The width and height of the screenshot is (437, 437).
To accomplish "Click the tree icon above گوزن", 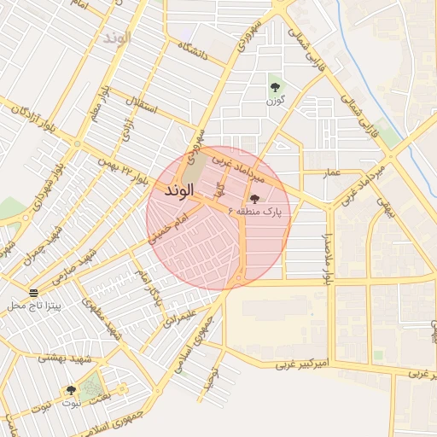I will [275, 85].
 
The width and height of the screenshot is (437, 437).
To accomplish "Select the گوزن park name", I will [275, 101].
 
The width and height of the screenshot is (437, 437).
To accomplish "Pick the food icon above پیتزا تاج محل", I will [33, 293].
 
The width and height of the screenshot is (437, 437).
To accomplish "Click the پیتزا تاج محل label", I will [33, 305].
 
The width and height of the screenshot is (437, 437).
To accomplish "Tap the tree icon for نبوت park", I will [71, 390].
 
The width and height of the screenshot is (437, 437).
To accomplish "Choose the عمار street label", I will [331, 173].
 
